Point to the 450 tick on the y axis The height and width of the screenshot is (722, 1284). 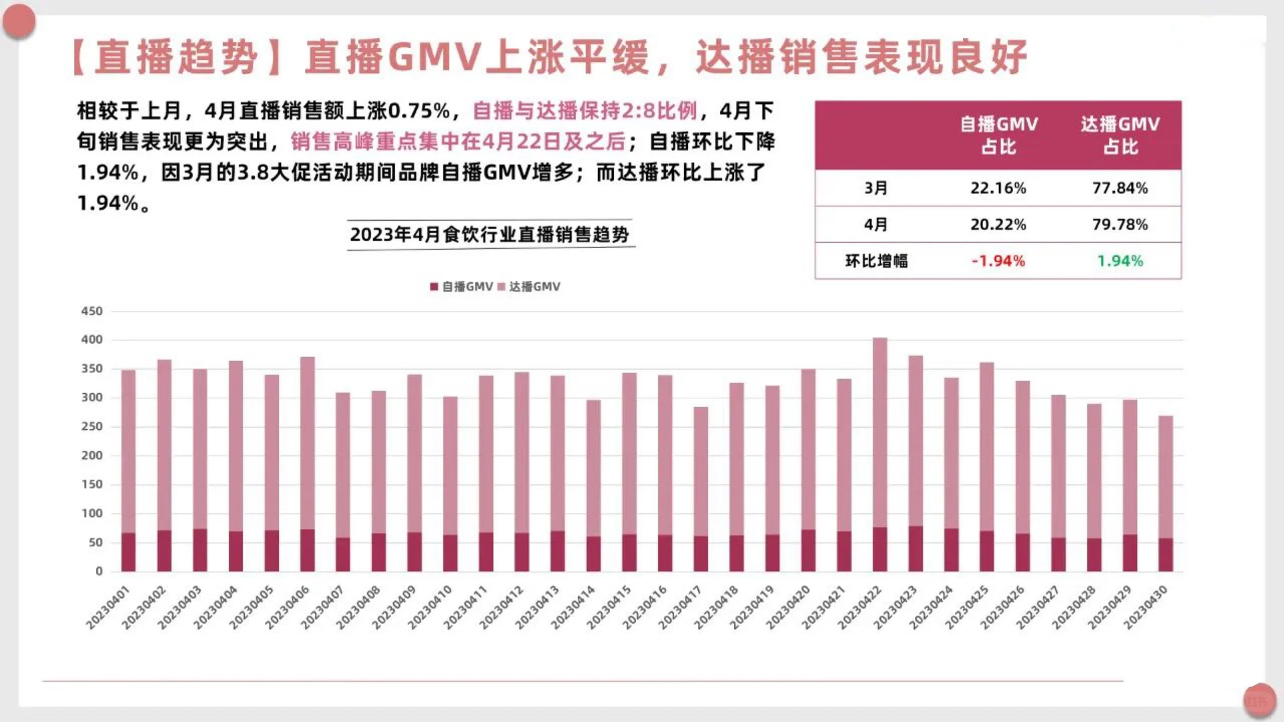pyautogui.click(x=92, y=311)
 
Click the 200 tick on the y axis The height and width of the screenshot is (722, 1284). pyautogui.click(x=92, y=455)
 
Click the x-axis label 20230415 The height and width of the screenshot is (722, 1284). pyautogui.click(x=609, y=607)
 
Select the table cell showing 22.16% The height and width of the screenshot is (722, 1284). pyautogui.click(x=998, y=188)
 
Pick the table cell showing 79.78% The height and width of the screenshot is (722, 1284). pyautogui.click(x=1119, y=225)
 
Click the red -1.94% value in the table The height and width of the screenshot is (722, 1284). pyautogui.click(x=998, y=261)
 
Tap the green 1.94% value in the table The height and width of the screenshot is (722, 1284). pyautogui.click(x=1119, y=261)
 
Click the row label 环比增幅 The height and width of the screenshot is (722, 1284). pyautogui.click(x=876, y=261)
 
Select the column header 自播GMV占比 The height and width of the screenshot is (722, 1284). pyautogui.click(x=998, y=135)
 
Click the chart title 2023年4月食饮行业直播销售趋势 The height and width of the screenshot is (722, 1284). pyautogui.click(x=490, y=235)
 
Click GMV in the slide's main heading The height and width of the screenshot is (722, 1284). pyautogui.click(x=435, y=57)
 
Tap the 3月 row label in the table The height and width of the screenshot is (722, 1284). pyautogui.click(x=876, y=188)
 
